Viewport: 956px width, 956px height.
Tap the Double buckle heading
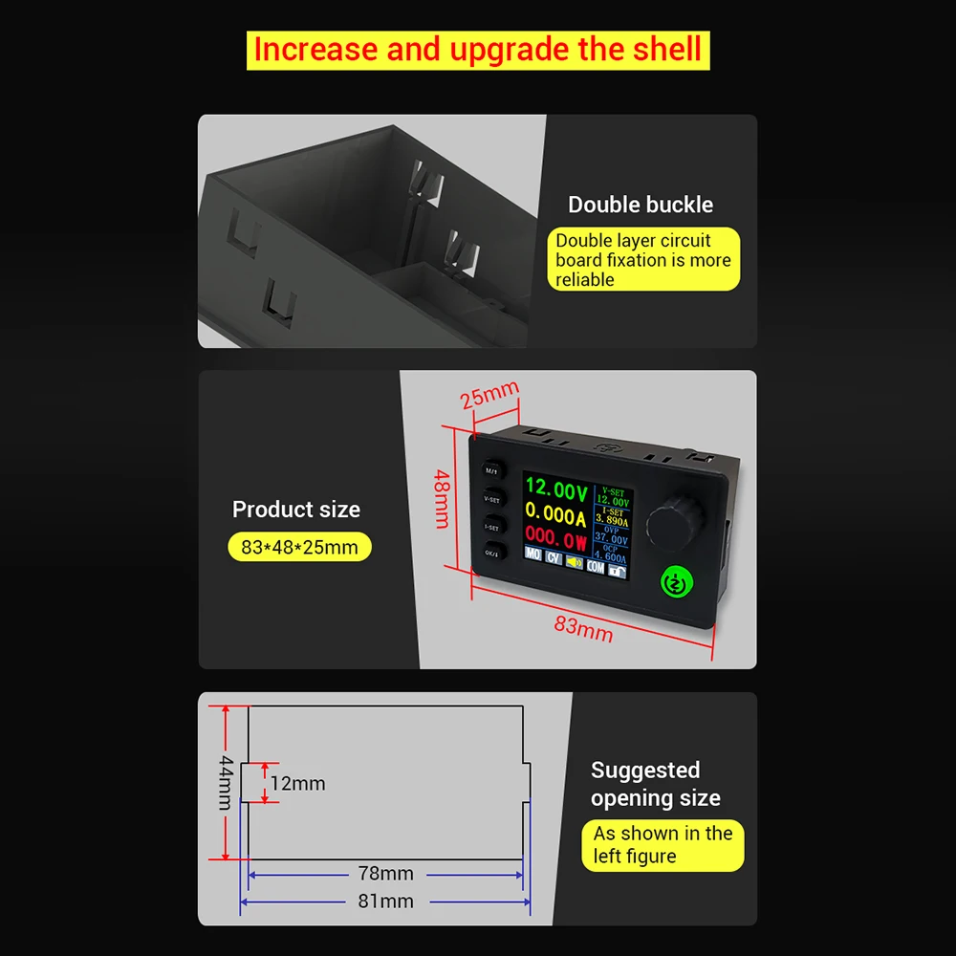click(x=641, y=205)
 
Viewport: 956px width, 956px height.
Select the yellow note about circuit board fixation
click(x=643, y=259)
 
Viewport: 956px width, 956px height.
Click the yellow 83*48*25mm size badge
click(x=299, y=548)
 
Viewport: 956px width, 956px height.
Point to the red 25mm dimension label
click(x=489, y=394)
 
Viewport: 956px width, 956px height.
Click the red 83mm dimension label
click(x=583, y=627)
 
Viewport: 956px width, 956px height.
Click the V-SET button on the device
click(x=491, y=498)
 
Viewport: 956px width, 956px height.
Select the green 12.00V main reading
click(x=555, y=492)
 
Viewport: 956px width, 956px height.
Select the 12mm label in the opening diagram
click(x=297, y=784)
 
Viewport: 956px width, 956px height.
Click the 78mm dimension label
click(x=385, y=873)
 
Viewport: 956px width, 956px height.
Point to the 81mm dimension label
click(x=385, y=901)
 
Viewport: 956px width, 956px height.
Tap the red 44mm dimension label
click(x=226, y=782)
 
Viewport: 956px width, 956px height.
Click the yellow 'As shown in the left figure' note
click(x=663, y=845)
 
